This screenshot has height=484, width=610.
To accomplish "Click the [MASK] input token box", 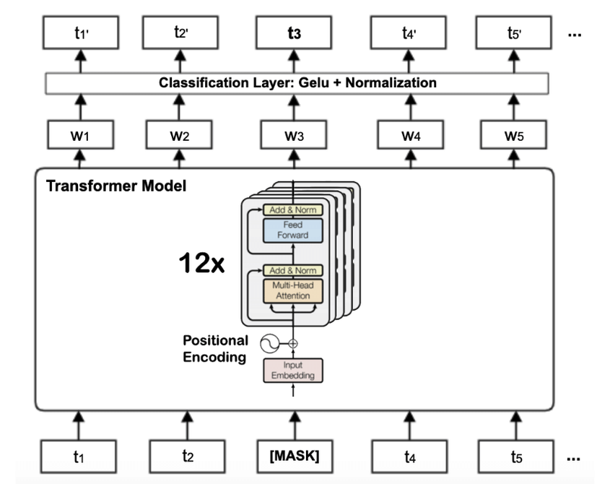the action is coord(295,457).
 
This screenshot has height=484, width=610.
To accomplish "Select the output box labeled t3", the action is coord(294,33).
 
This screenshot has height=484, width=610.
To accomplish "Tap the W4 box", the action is coord(411,135).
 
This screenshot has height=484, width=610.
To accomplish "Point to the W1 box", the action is coord(81,135).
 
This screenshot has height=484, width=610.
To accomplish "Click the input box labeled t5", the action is coord(516,457).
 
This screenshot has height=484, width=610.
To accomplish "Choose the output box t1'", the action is coord(81,33).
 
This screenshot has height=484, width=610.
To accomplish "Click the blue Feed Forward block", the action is coord(293,230).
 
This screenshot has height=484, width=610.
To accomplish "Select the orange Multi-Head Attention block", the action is coord(293,290).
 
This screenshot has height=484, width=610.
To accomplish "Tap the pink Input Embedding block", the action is coord(293,371).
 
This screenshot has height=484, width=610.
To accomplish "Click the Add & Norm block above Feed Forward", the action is coord(293,210).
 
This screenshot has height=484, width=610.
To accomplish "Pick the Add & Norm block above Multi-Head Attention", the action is coord(293,270).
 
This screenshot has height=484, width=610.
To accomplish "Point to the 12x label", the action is coord(201,263).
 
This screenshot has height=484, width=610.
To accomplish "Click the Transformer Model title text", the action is coord(116,186).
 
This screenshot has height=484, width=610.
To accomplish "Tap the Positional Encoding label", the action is coord(215,348).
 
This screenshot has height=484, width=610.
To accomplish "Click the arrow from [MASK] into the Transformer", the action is coord(295,425).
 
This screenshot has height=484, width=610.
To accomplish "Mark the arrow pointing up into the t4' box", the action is coord(409,61).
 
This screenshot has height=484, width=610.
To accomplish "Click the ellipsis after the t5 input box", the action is coord(573,459).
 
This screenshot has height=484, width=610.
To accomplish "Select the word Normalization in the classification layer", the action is coord(391,83).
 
